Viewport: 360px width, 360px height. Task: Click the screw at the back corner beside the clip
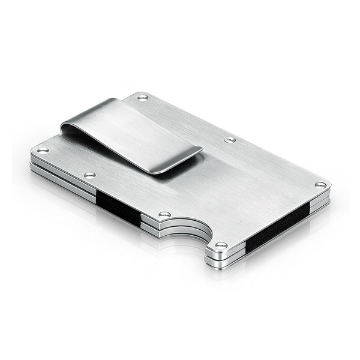click(143, 97)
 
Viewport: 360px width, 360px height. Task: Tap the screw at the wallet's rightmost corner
click(320, 184)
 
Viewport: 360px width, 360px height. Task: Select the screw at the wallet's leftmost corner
click(42, 150)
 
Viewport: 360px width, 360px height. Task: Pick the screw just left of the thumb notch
click(164, 214)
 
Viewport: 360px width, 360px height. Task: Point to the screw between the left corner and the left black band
click(90, 175)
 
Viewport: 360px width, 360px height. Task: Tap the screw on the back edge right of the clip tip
click(230, 140)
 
